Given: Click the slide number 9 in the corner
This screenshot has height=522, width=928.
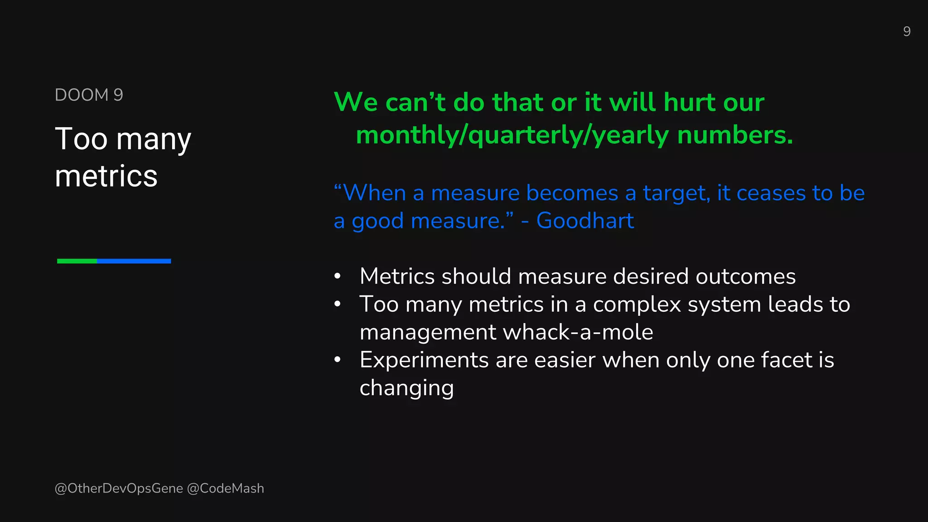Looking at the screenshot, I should pyautogui.click(x=906, y=31).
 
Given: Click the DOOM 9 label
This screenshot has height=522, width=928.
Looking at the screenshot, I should pyautogui.click(x=89, y=95).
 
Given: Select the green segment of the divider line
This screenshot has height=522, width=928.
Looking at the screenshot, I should pyautogui.click(x=77, y=261).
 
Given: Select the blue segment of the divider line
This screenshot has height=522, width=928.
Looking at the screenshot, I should pyautogui.click(x=134, y=261).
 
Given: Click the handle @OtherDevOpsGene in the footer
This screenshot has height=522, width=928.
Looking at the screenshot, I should pyautogui.click(x=119, y=488).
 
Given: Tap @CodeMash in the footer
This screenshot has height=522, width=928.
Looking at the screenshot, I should pyautogui.click(x=225, y=488).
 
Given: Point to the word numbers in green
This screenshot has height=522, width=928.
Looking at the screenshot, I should pyautogui.click(x=735, y=135).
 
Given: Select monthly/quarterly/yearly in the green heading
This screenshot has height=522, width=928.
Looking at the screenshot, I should pyautogui.click(x=512, y=136).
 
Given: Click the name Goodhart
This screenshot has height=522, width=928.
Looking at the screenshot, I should pyautogui.click(x=585, y=221).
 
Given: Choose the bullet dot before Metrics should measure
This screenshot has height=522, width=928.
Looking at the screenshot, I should pyautogui.click(x=337, y=276).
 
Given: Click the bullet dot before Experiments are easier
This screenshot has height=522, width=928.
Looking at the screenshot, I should pyautogui.click(x=337, y=360).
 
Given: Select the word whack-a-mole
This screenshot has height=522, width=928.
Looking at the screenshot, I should pyautogui.click(x=578, y=332).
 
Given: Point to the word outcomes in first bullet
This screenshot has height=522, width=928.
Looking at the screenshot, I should pyautogui.click(x=745, y=276).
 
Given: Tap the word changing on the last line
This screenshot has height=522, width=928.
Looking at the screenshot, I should pyautogui.click(x=406, y=388).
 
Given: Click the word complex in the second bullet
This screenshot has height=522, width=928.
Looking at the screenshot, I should pyautogui.click(x=637, y=304).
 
